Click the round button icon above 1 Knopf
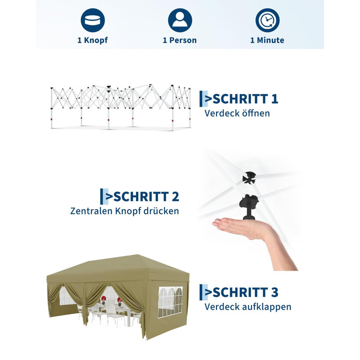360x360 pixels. (x=93, y=20)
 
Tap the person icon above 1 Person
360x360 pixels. (x=180, y=20)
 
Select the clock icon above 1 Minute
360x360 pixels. (x=267, y=20)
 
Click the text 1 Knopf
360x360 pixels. (x=93, y=40)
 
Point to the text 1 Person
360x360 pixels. (x=180, y=40)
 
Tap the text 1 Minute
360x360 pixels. (x=267, y=40)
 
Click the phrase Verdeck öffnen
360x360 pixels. (x=237, y=113)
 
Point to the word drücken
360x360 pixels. (x=161, y=211)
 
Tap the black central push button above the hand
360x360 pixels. (x=248, y=207)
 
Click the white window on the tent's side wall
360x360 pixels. (x=171, y=302)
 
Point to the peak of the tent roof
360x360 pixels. (x=137, y=255)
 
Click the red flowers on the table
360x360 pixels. (x=104, y=298)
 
